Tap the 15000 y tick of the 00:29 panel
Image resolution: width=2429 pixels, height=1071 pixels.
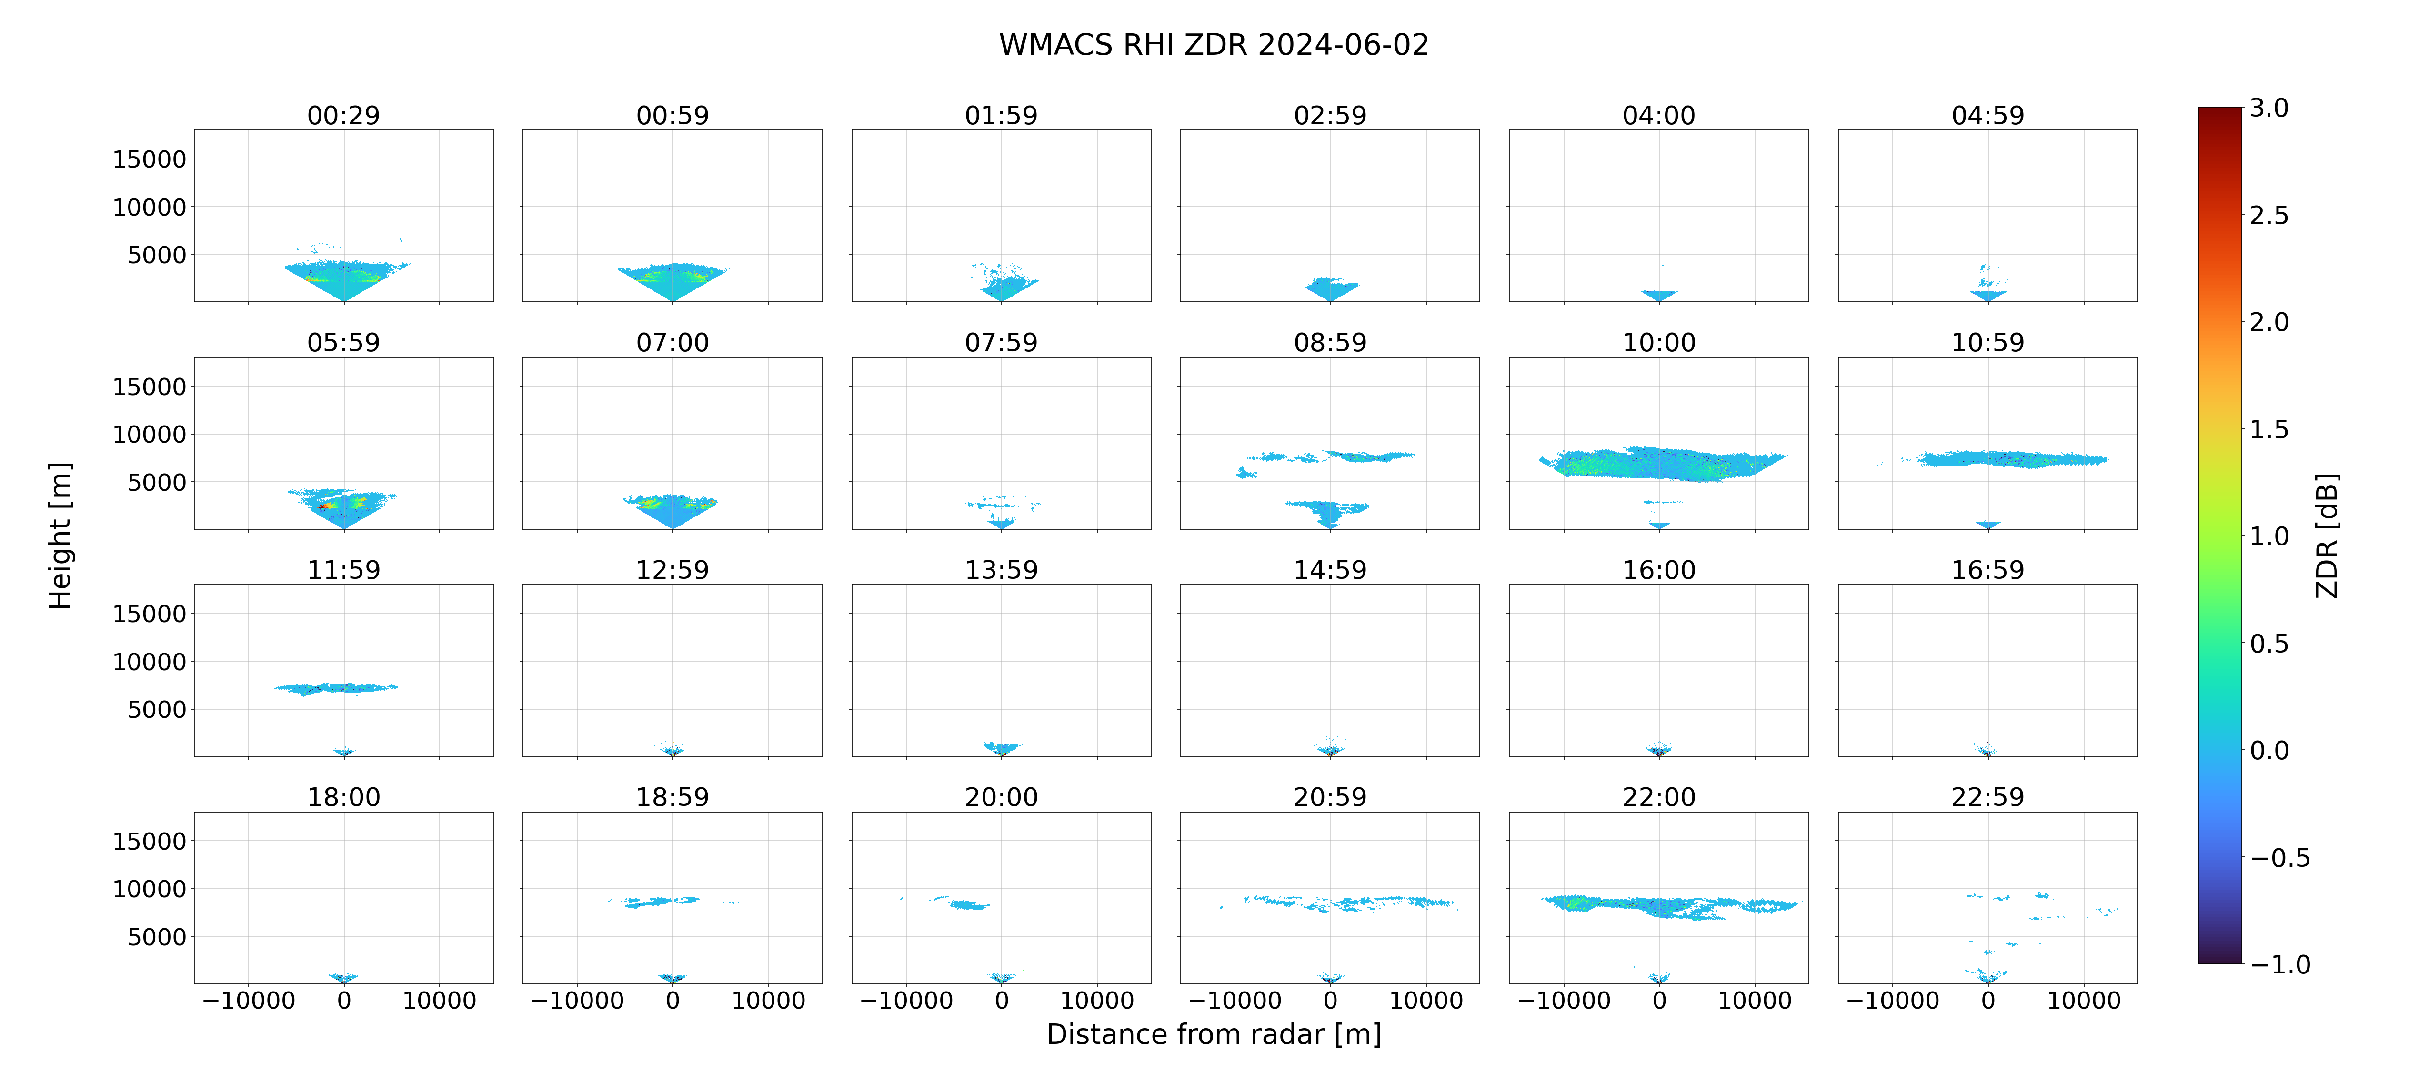pos(149,159)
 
